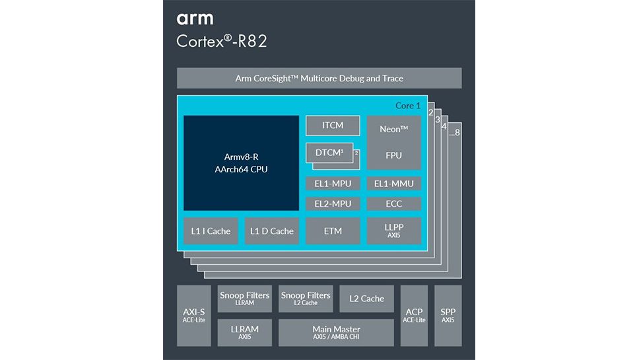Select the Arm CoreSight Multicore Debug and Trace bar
319,79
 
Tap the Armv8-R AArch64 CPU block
241,163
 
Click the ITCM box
333,126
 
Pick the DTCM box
328,153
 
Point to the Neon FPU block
393,143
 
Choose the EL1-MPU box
333,184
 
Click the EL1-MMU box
393,184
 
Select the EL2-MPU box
333,203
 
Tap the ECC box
393,203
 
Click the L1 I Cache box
211,231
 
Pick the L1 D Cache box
271,231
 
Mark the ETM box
333,231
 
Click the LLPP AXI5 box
393,231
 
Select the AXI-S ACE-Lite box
193,316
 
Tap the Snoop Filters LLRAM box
244,299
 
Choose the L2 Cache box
366,299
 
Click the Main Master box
336,332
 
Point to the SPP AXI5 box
448,316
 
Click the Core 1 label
407,106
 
